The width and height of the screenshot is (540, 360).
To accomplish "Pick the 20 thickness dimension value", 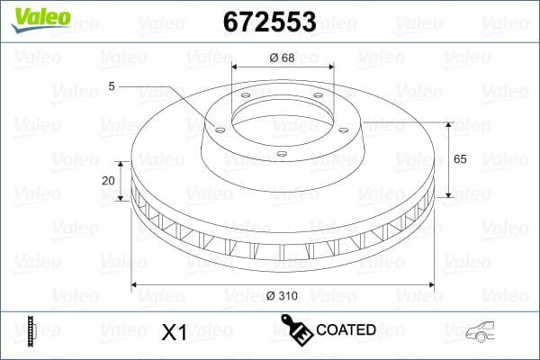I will (x=108, y=180).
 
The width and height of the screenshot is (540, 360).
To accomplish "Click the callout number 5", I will (x=112, y=86).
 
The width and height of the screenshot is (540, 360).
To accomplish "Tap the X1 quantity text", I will (x=173, y=332).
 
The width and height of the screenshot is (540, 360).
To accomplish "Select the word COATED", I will (x=346, y=329).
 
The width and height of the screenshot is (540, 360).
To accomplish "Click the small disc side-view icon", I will (x=31, y=330).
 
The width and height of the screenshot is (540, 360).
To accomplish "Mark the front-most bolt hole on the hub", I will (x=281, y=154).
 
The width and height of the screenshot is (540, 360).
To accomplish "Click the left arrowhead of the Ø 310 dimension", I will (x=136, y=285).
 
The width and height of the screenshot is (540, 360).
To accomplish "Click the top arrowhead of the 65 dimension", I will (x=449, y=122).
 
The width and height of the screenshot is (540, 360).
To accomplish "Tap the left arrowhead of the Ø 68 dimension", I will (x=235, y=67).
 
